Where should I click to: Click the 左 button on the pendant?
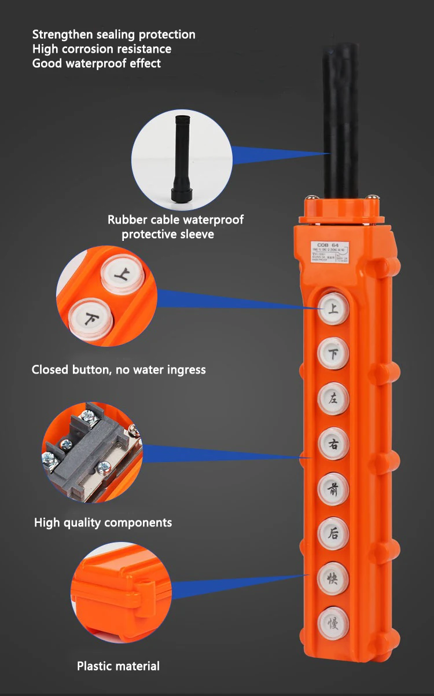[x=333, y=398]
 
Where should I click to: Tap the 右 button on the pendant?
[x=333, y=444]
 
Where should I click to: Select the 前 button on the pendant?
[x=333, y=489]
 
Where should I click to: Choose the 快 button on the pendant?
[x=333, y=578]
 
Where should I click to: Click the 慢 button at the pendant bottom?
[x=333, y=623]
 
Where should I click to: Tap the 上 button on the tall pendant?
[x=333, y=309]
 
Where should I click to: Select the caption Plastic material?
[x=118, y=666]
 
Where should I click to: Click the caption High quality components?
[x=103, y=523]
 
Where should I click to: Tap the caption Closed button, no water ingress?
[x=119, y=369]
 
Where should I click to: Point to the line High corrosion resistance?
[x=102, y=49]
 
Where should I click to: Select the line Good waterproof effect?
[x=97, y=63]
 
